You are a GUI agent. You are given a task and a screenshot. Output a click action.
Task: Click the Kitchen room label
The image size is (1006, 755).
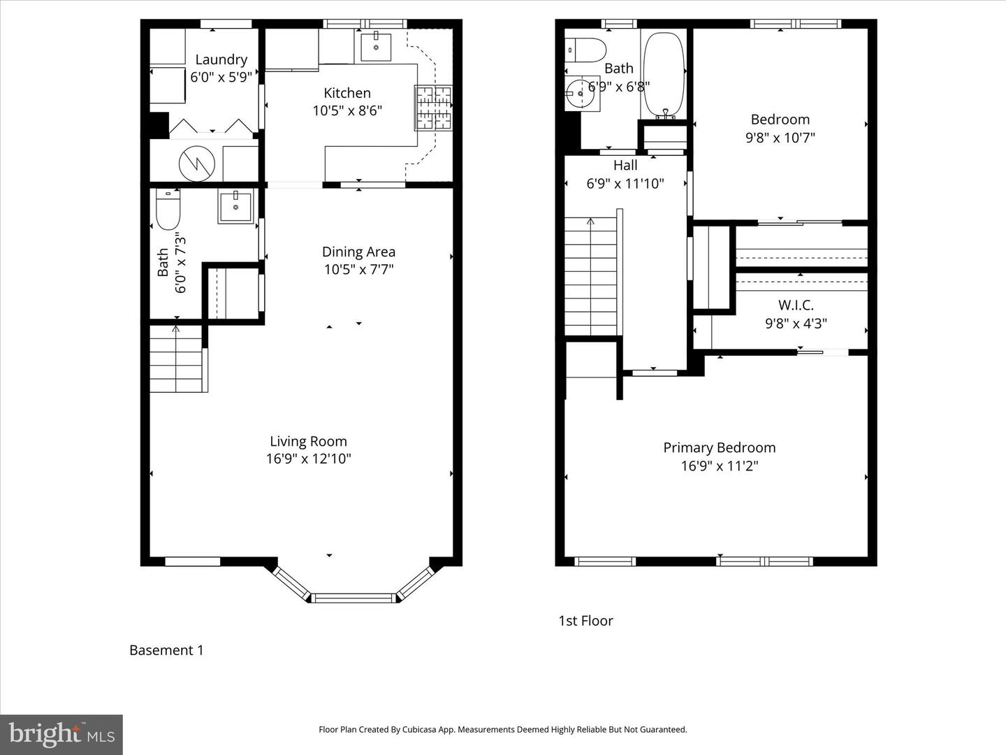click(347, 93)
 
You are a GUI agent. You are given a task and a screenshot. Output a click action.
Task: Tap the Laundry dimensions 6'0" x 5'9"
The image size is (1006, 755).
click(221, 78)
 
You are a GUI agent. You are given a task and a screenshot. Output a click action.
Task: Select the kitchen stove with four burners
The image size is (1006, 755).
click(433, 108)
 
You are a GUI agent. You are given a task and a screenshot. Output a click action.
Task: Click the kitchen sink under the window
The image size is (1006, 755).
click(376, 46)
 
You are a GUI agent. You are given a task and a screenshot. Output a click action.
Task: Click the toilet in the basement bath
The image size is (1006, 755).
click(168, 210)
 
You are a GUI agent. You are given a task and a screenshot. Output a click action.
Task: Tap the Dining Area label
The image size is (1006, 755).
click(358, 252)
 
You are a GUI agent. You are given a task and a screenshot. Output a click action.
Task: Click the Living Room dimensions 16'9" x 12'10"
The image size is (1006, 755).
click(308, 459)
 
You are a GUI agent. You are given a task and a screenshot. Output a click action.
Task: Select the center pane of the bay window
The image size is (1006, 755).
click(353, 598)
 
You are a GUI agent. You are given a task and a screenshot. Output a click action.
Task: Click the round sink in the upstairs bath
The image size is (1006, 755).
click(578, 92)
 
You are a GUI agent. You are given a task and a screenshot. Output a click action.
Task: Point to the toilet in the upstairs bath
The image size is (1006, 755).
click(587, 50)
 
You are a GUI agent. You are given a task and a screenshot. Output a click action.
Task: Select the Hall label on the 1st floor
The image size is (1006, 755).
click(625, 166)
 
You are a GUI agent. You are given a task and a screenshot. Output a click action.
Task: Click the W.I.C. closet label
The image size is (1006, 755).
click(796, 305)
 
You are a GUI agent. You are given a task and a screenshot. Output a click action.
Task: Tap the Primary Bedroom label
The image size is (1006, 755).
click(719, 448)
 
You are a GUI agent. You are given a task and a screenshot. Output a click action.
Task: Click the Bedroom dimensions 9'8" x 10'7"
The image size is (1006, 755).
click(780, 138)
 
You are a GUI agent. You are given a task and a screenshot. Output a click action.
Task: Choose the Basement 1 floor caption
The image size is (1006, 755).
click(166, 650)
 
